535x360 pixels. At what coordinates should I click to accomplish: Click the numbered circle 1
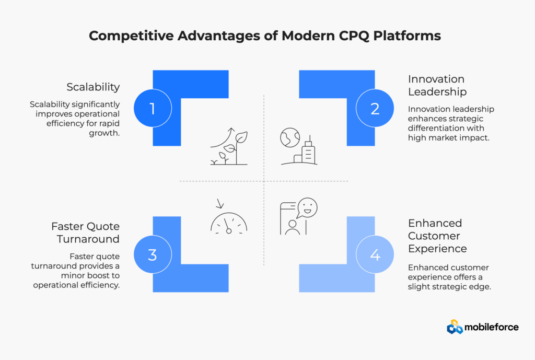click(152, 108)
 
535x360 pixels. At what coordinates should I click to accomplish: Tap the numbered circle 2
click(375, 108)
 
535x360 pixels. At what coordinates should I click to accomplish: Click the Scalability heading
click(93, 87)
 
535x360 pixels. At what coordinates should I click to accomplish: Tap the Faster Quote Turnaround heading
click(85, 233)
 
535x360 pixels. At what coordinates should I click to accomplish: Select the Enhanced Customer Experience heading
click(435, 235)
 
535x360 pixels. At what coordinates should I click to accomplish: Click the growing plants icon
click(229, 147)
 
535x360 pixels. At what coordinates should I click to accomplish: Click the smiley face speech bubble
click(307, 208)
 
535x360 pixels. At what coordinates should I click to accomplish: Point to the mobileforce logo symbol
click(455, 327)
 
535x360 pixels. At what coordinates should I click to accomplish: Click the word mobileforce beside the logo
click(493, 327)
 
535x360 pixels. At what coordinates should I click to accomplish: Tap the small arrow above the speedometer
click(218, 204)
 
